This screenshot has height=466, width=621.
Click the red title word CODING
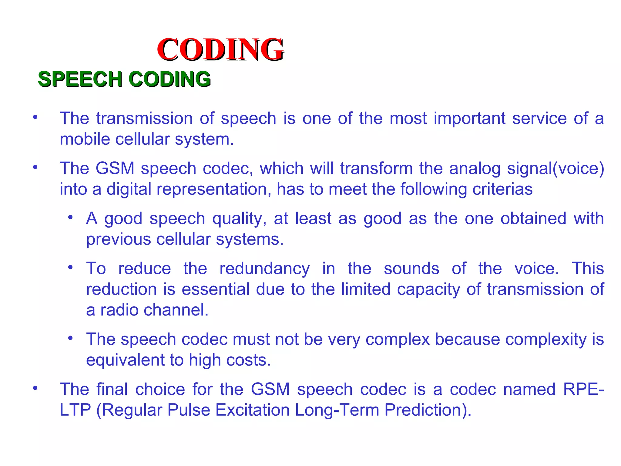point(220,49)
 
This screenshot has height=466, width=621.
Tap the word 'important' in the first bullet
point(469,118)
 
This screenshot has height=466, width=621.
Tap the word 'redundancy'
point(264,269)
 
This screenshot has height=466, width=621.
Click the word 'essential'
point(216,289)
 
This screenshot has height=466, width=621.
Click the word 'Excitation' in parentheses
point(253,410)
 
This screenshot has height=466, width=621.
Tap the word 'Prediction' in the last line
point(425,410)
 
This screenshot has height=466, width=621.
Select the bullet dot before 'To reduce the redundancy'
point(70,267)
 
